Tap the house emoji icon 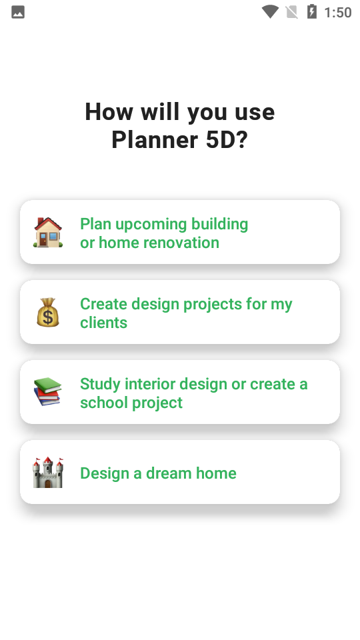pyautogui.click(x=48, y=232)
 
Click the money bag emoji pyautogui.click(x=48, y=312)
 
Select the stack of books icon pyautogui.click(x=47, y=391)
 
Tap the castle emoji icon pyautogui.click(x=48, y=472)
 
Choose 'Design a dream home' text pyautogui.click(x=158, y=473)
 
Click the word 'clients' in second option pyautogui.click(x=104, y=323)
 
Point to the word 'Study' pyautogui.click(x=100, y=385)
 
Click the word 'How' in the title pyautogui.click(x=109, y=112)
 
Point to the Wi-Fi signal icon pyautogui.click(x=270, y=12)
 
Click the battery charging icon pyautogui.click(x=311, y=11)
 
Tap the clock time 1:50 pyautogui.click(x=337, y=12)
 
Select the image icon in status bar pyautogui.click(x=18, y=12)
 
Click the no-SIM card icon pyautogui.click(x=291, y=12)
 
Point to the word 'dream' pyautogui.click(x=169, y=473)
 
